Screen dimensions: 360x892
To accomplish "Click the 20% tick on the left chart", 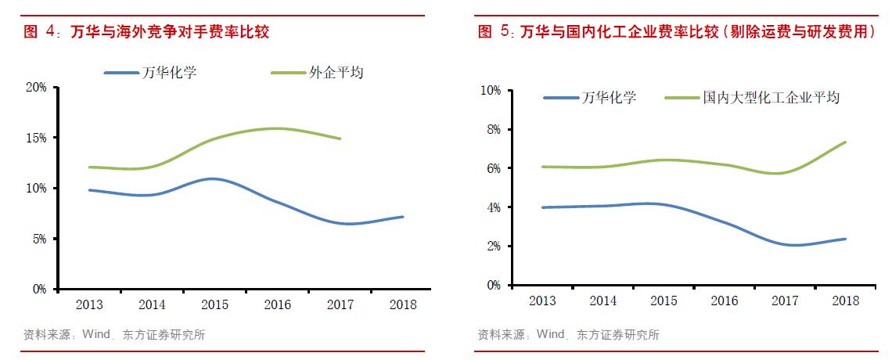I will [36, 87].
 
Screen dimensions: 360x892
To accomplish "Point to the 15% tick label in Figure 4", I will [36, 138].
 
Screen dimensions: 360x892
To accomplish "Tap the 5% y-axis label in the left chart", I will [39, 239].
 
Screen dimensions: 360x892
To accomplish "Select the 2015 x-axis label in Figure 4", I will [214, 304].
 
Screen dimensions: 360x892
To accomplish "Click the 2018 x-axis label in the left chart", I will [403, 304].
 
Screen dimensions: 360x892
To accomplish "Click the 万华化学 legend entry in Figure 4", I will [169, 73].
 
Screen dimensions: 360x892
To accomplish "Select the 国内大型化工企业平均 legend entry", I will [771, 98].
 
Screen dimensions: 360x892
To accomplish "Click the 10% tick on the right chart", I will [490, 91].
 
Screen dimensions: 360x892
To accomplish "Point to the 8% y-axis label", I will [493, 129].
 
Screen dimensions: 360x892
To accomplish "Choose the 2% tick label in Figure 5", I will [493, 247].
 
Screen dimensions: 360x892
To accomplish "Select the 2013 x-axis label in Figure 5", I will [542, 301].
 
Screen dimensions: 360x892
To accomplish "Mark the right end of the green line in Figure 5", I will [845, 142].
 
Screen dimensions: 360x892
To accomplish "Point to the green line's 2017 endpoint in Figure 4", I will [340, 139].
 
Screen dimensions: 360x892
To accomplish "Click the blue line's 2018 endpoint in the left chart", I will [403, 217].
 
